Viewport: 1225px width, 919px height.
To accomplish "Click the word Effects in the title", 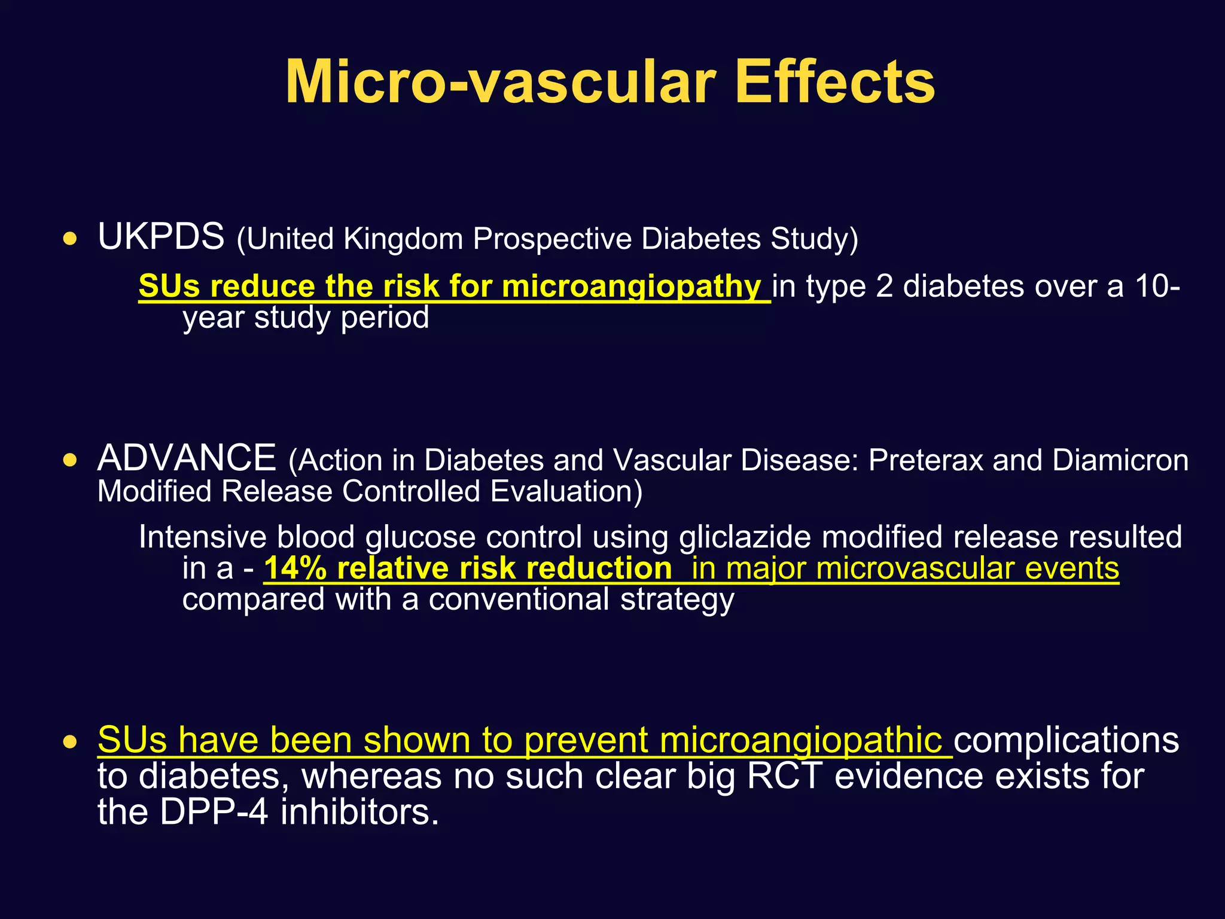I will (834, 82).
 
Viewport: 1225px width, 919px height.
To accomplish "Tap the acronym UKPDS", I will (161, 236).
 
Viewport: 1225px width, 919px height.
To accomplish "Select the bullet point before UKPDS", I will (71, 240).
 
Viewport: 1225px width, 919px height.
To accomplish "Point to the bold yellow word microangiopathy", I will (631, 287).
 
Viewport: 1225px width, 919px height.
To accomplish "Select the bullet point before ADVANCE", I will (71, 461).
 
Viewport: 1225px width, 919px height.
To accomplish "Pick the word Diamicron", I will (1120, 461).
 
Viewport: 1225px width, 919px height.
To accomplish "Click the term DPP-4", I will (214, 813).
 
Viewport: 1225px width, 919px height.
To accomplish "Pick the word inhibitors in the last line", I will (359, 813).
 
